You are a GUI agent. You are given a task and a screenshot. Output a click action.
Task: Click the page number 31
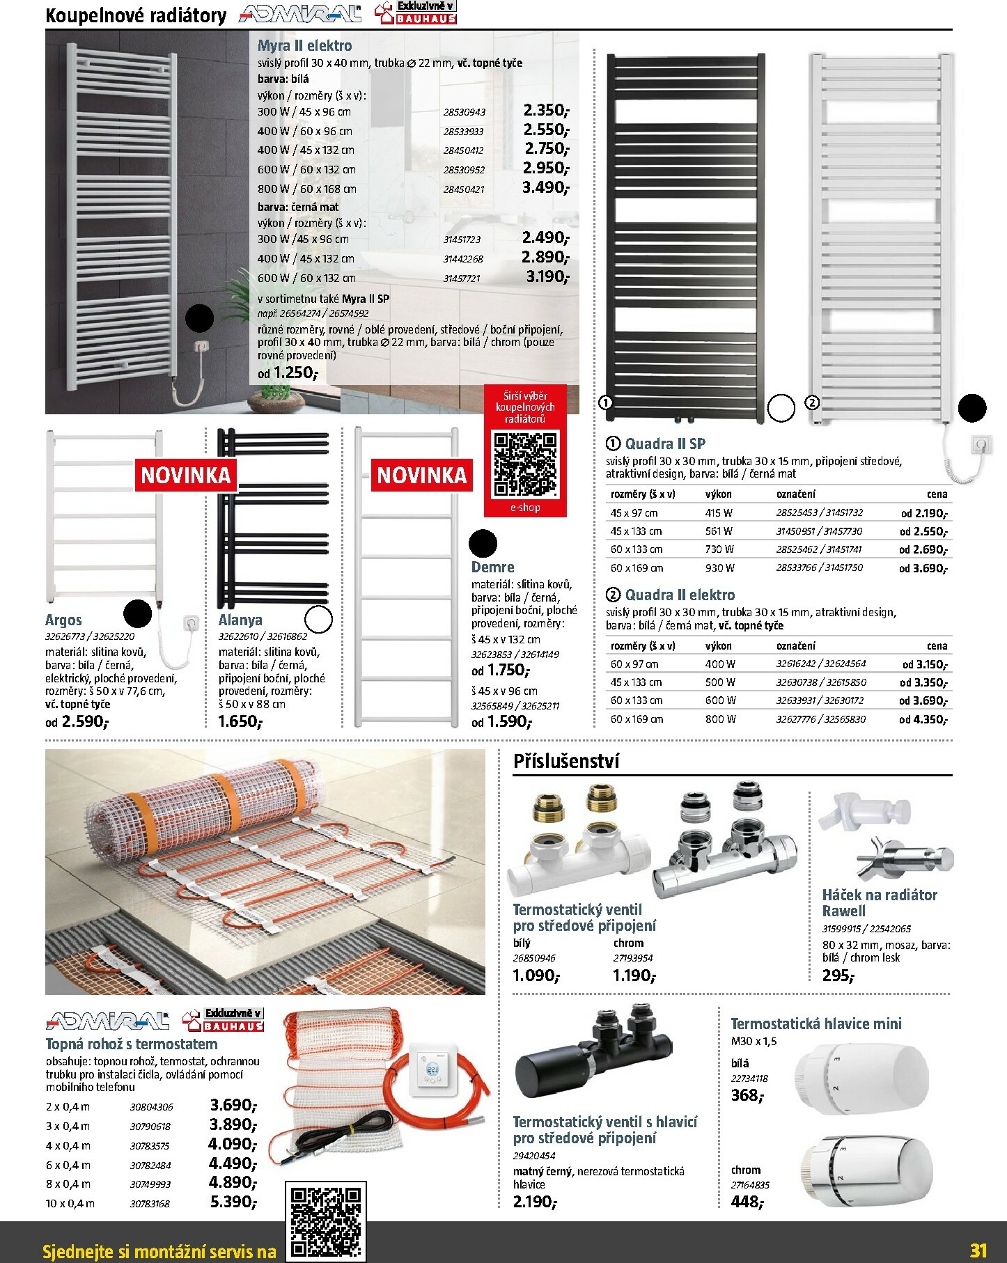[978, 1250]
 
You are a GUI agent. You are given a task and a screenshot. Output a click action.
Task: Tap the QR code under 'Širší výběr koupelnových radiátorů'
[525, 464]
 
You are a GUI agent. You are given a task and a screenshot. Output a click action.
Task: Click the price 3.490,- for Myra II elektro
[545, 188]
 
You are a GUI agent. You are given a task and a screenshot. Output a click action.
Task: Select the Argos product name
[63, 620]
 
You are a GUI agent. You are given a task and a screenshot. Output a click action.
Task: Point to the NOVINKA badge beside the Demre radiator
[421, 476]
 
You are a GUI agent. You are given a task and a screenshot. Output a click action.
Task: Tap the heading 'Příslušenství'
[566, 761]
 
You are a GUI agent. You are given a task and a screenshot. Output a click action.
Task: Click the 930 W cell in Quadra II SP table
[719, 567]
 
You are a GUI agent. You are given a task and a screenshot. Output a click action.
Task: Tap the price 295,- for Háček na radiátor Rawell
[838, 975]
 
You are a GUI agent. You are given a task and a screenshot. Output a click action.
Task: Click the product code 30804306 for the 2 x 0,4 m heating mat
[151, 1106]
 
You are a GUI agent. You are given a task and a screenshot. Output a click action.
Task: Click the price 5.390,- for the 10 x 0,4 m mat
[233, 1202]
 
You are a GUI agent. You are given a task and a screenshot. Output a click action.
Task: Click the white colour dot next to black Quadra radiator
[781, 409]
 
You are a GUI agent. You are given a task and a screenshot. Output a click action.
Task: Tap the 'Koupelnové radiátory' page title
[136, 15]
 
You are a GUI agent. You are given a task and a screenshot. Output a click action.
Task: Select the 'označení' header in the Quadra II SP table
[795, 494]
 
